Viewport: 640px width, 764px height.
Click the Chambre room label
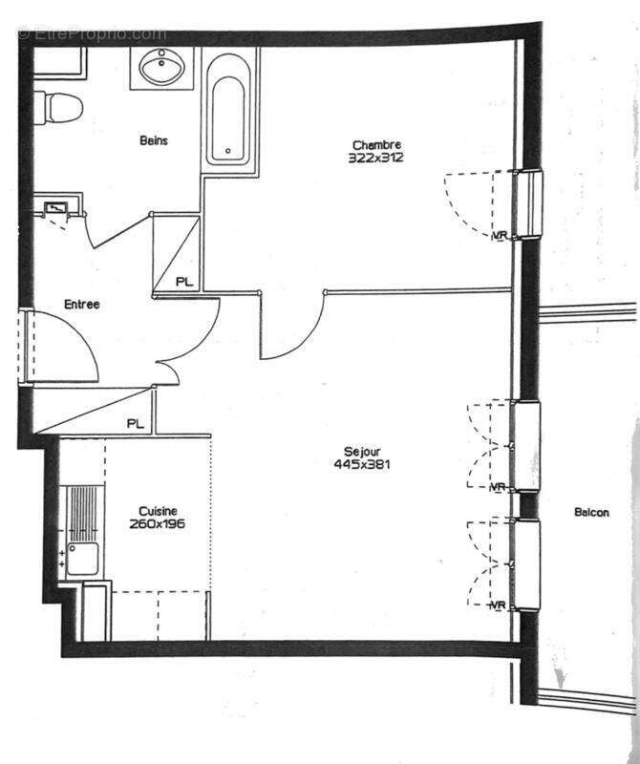375,145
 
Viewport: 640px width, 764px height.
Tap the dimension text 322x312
375,158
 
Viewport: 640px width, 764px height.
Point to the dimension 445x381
363,465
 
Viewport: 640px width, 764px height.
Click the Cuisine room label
157,511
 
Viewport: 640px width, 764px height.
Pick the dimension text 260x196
157,524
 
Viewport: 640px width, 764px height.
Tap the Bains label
154,140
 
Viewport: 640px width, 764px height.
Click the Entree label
82,305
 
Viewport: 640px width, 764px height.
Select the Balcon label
591,513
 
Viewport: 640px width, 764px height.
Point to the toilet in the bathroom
59,107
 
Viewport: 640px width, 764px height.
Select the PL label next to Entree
184,282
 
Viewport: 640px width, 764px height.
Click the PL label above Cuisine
136,423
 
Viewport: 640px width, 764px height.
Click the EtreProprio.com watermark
92,33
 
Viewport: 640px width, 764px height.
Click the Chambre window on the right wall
527,204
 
